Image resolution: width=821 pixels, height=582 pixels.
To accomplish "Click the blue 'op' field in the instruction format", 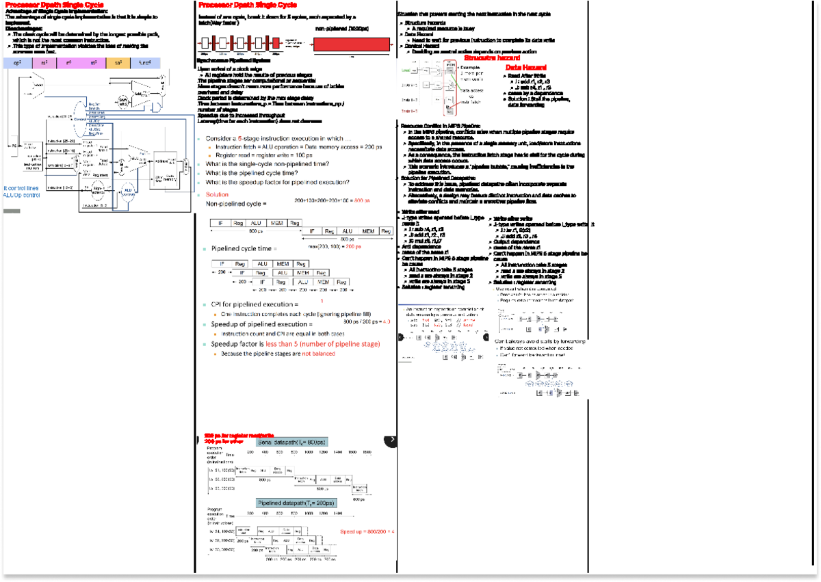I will [17, 63].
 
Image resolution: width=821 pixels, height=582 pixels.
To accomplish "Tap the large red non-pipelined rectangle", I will [351, 44].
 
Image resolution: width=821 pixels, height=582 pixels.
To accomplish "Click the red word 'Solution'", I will [217, 194].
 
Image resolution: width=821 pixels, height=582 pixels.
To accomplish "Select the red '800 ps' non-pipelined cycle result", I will [362, 201].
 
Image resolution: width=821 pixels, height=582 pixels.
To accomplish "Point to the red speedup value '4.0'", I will [386, 321].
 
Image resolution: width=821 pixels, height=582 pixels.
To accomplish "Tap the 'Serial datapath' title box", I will [293, 442].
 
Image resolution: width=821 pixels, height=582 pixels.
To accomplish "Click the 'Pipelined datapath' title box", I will [296, 503].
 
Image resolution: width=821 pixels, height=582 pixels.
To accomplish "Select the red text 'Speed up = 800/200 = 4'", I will [367, 531].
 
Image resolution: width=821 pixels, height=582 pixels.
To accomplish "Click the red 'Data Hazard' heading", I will [525, 68].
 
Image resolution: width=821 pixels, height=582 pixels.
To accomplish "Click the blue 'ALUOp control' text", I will [21, 195].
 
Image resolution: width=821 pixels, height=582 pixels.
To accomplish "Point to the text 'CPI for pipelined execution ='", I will [255, 304].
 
